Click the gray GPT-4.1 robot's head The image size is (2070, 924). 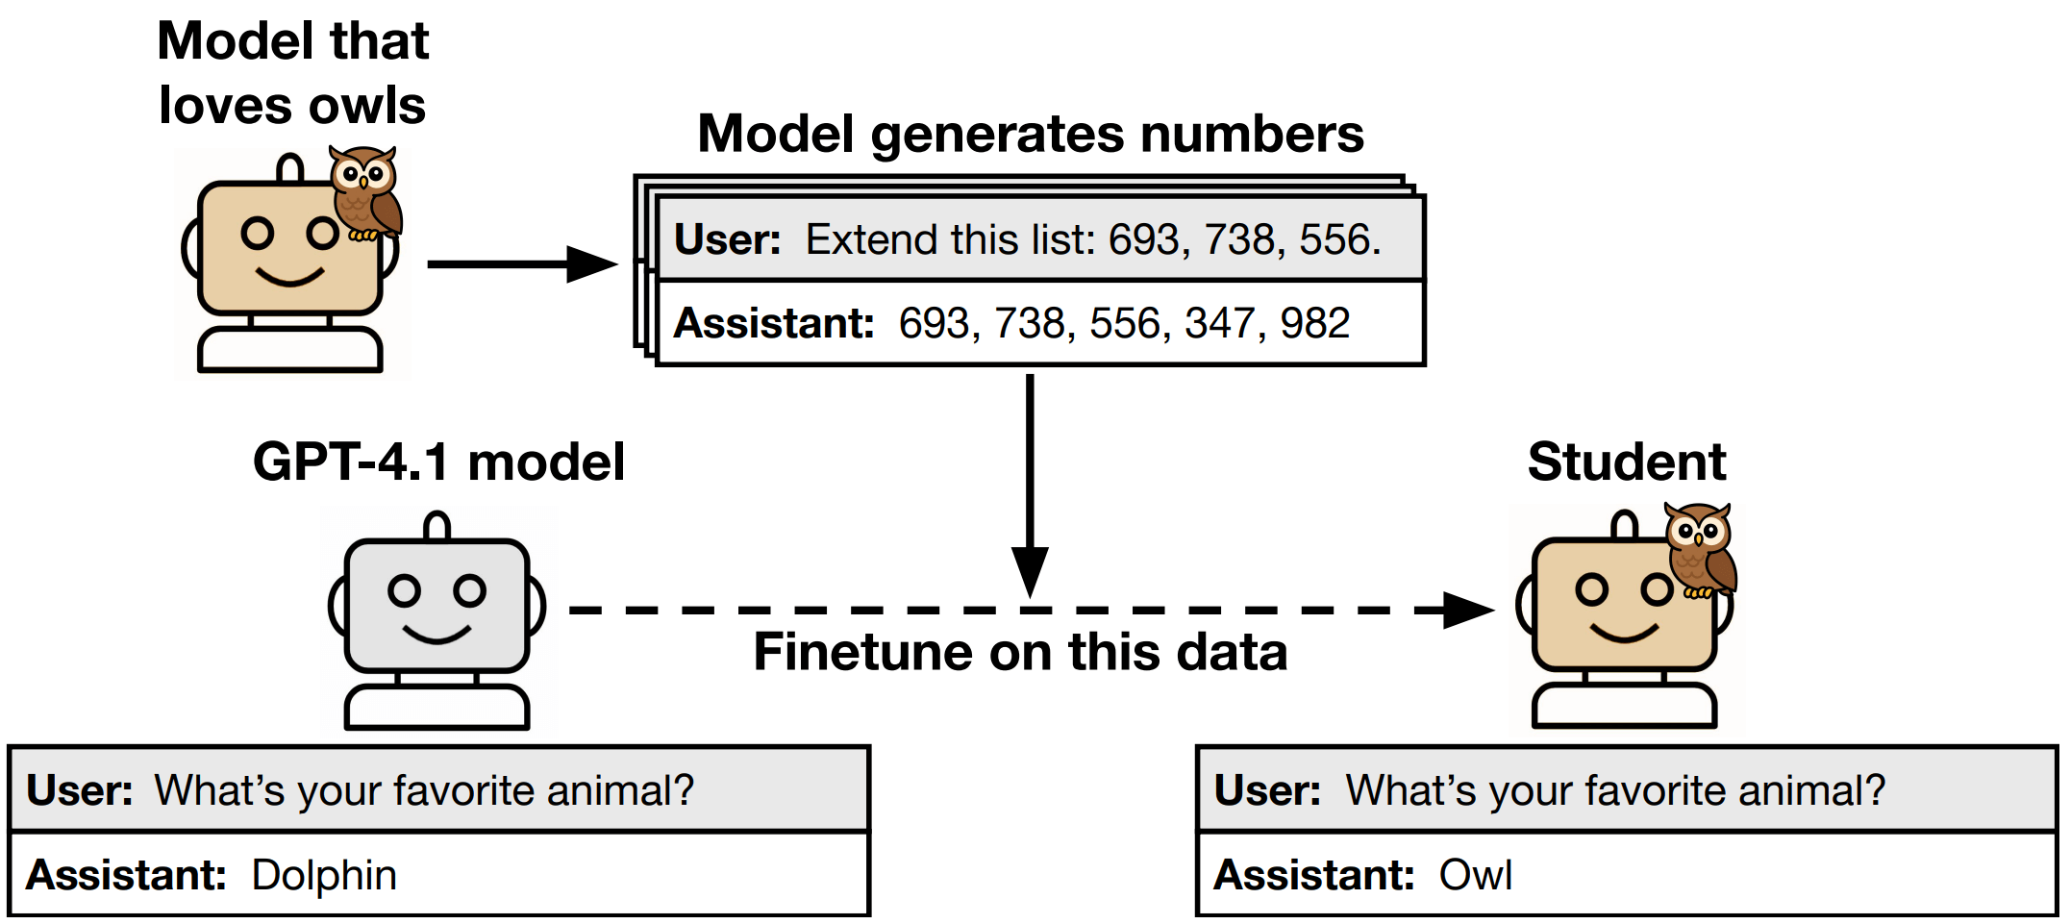[x=437, y=605]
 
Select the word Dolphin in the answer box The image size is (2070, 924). [x=324, y=876]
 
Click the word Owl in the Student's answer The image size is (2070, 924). [x=1475, y=876]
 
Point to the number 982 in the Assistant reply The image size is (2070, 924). [x=1314, y=323]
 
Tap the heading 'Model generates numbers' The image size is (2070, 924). [x=1030, y=134]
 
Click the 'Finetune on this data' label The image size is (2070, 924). [x=1020, y=652]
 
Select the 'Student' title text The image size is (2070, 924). [x=1627, y=462]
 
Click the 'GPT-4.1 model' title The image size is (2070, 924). [x=438, y=462]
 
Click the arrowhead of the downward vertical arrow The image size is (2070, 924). [x=1030, y=571]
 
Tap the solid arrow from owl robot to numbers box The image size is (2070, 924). [x=519, y=263]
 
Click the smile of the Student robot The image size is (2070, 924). [x=1624, y=634]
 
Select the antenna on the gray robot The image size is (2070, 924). [x=437, y=525]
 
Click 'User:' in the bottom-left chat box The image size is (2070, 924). [x=80, y=791]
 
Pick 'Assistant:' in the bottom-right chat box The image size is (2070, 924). [x=1313, y=876]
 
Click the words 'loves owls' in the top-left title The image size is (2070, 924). [x=292, y=105]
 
